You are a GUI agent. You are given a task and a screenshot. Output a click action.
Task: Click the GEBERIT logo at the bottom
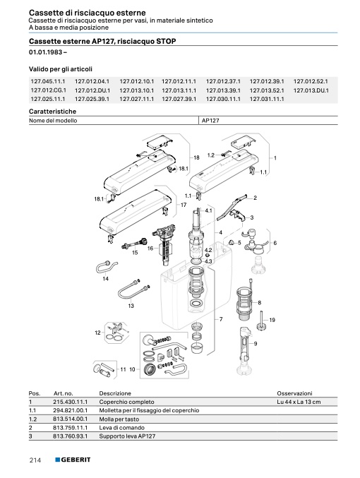tap(73, 460)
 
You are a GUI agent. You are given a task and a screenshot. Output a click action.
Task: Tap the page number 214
tap(35, 460)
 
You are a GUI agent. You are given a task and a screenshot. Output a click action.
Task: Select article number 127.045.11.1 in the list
tap(48, 81)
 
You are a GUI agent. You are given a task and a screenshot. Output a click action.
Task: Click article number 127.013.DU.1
tap(311, 90)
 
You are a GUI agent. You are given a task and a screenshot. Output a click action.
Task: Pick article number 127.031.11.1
tap(267, 99)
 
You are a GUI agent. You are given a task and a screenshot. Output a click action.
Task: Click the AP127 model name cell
tap(210, 121)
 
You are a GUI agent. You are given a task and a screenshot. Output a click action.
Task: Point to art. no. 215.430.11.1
tap(70, 402)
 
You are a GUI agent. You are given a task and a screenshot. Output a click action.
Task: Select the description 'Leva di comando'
tap(121, 428)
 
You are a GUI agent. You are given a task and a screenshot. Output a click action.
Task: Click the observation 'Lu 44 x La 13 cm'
tap(299, 402)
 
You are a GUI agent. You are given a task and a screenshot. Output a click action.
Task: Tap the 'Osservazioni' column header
tap(294, 393)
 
